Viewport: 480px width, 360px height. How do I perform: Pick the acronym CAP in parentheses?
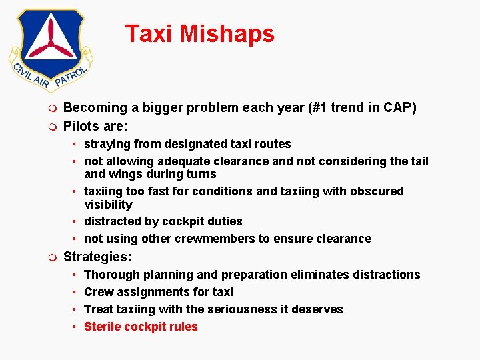pyautogui.click(x=398, y=108)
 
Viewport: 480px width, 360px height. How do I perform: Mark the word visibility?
pyautogui.click(x=108, y=205)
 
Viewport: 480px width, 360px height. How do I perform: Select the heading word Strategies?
pyautogui.click(x=96, y=257)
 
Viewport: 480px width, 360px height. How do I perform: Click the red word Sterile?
pyautogui.click(x=103, y=327)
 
